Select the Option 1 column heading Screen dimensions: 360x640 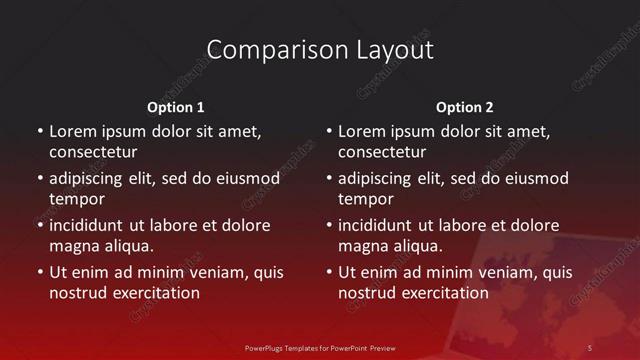click(176, 107)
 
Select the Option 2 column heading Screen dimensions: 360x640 click(465, 107)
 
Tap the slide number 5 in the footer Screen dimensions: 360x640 click(589, 347)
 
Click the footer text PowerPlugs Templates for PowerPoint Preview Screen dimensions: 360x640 click(320, 347)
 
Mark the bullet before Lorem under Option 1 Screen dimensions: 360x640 click(40, 131)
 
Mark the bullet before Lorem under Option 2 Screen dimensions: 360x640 click(329, 131)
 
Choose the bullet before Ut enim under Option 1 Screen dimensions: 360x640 click(40, 272)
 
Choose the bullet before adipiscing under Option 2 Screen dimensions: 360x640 click(329, 178)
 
